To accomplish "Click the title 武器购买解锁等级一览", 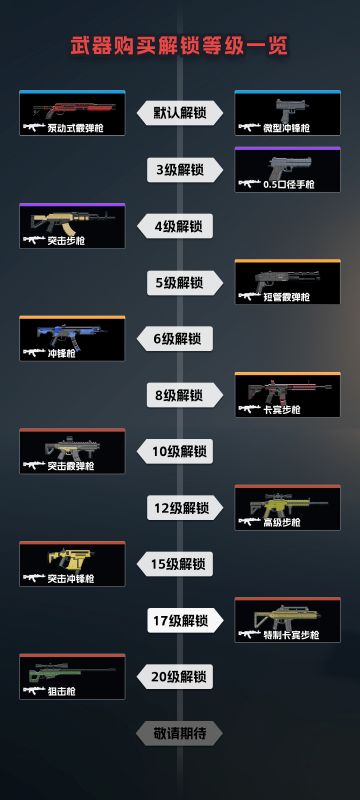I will click(x=179, y=46).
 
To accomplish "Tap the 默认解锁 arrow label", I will click(x=180, y=113).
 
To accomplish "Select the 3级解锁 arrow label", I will click(x=180, y=170).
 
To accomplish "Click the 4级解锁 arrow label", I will click(x=180, y=226).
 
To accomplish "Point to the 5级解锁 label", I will click(x=180, y=283).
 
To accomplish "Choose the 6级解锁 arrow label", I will click(x=180, y=339).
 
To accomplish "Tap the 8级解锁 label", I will click(x=180, y=396).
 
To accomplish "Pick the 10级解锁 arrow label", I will click(x=180, y=452).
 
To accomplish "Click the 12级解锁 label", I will click(x=180, y=508).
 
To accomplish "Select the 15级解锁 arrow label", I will click(x=180, y=564).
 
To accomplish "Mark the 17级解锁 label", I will click(x=180, y=621).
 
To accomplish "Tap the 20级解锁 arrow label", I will click(x=180, y=677).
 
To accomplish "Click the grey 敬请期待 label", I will click(x=180, y=734).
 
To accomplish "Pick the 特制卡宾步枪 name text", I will click(x=291, y=635).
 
